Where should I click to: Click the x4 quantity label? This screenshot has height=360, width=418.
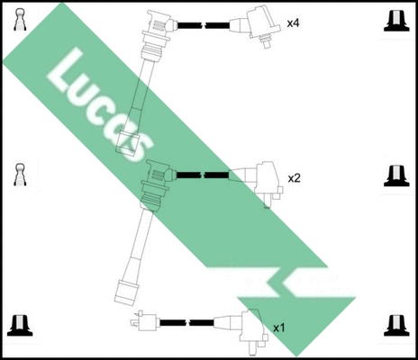point(293,23)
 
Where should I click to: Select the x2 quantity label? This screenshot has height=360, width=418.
point(294,178)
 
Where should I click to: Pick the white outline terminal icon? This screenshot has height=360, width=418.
point(19,175)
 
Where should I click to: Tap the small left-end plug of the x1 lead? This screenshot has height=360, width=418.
point(146,321)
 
